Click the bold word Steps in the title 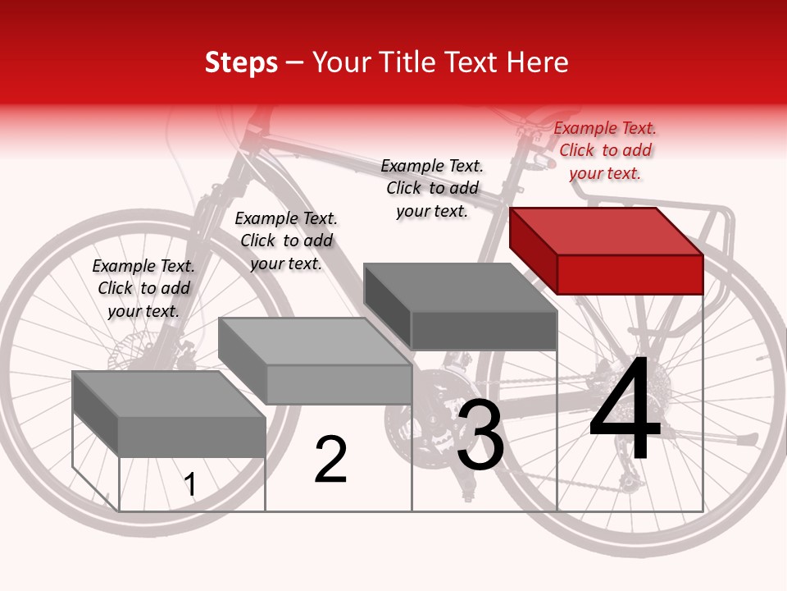240,62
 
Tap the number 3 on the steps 480,435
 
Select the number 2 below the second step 330,460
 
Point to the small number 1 190,485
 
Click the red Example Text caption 605,150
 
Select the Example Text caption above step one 143,288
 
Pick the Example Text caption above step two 286,241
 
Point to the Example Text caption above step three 432,188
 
